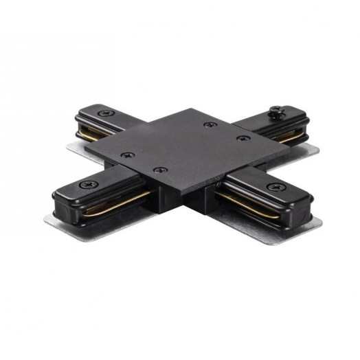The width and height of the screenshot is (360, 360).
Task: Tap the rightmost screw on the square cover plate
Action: point(240,139)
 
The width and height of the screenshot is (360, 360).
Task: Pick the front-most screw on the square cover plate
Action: point(159,169)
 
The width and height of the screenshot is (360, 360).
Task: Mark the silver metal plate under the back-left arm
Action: point(76,146)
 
